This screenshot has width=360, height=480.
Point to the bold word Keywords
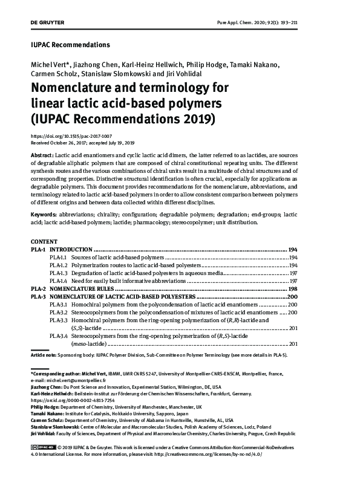tap(44, 214)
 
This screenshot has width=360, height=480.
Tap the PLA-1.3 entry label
tap(59, 273)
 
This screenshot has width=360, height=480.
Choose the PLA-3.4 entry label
tap(59, 335)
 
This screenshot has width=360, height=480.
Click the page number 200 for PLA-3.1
tap(292, 305)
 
